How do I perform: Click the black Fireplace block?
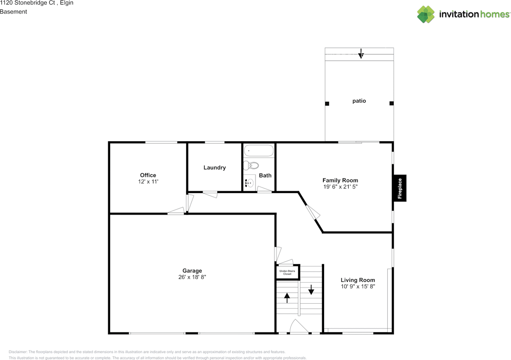pyautogui.click(x=400, y=188)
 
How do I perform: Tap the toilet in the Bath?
pyautogui.click(x=251, y=165)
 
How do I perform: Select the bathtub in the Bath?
pyautogui.click(x=259, y=150)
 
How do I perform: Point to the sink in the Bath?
pyautogui.click(x=250, y=183)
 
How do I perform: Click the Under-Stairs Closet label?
pyautogui.click(x=287, y=273)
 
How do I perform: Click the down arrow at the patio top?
pyautogui.click(x=361, y=53)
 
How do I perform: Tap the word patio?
pyautogui.click(x=359, y=101)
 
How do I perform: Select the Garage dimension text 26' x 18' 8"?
pyautogui.click(x=192, y=277)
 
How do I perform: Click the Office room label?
pyautogui.click(x=148, y=175)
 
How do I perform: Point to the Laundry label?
pyautogui.click(x=215, y=168)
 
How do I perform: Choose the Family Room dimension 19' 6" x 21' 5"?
pyautogui.click(x=341, y=187)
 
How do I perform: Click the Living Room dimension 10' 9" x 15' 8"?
pyautogui.click(x=358, y=286)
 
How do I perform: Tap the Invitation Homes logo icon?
pyautogui.click(x=426, y=14)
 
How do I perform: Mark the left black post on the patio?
pyautogui.click(x=327, y=104)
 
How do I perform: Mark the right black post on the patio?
pyautogui.click(x=392, y=103)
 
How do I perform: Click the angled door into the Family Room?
pyautogui.click(x=313, y=212)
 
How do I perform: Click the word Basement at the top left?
pyautogui.click(x=14, y=12)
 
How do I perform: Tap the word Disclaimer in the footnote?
pyautogui.click(x=18, y=352)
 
